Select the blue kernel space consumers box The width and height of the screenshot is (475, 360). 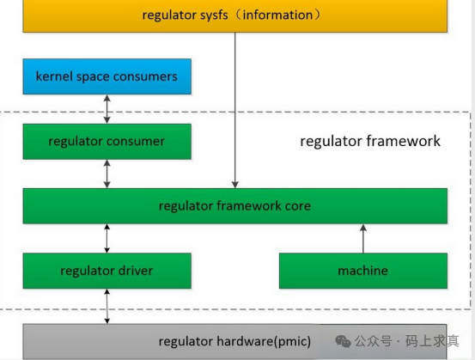point(107,76)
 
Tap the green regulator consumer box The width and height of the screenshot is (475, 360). point(107,141)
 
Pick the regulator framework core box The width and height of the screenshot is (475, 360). point(234,206)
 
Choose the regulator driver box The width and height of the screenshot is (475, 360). point(107,271)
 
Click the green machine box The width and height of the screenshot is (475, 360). point(362,271)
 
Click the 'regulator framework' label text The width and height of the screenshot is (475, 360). point(369,141)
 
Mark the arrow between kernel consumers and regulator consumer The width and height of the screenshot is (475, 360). point(107,109)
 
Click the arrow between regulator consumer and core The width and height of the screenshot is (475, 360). point(107,174)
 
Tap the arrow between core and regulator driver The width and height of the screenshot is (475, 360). point(107,238)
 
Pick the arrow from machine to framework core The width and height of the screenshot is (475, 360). point(362,238)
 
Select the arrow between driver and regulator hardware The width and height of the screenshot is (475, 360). point(107,306)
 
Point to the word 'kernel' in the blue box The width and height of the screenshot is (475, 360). point(53,76)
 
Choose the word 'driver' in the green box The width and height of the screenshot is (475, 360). point(135,271)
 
